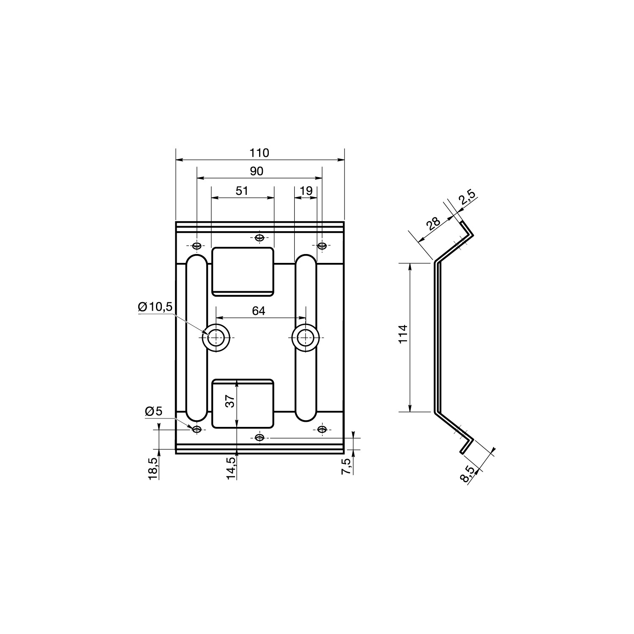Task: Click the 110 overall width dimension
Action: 260,153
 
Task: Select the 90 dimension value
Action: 257,171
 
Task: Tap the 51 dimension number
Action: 242,191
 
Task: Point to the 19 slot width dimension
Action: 306,191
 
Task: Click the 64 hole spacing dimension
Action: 259,311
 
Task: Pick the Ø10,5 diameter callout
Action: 155,307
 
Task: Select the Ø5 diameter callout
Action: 153,411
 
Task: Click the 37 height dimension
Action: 230,400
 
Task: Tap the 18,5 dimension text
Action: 153,468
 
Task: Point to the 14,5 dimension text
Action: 231,468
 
